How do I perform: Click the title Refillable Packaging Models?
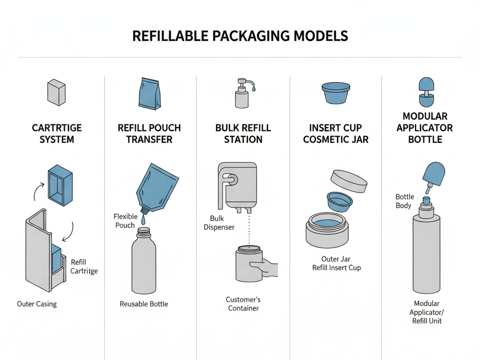click(240, 36)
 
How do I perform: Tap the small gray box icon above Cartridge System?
click(56, 92)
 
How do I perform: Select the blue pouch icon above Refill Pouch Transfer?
click(149, 94)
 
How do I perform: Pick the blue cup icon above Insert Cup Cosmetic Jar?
click(336, 93)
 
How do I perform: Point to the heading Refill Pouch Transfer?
click(149, 134)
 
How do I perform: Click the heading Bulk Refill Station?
click(243, 134)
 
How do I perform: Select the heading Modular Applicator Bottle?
click(425, 127)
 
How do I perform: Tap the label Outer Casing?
click(37, 304)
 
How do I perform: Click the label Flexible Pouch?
click(125, 221)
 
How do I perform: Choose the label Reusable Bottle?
click(144, 304)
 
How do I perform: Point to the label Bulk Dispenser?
click(219, 223)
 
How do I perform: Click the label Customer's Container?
click(243, 304)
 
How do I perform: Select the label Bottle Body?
click(404, 201)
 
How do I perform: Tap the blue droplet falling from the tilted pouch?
click(144, 219)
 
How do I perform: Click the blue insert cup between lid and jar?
click(340, 201)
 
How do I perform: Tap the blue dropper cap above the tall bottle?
click(434, 173)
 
